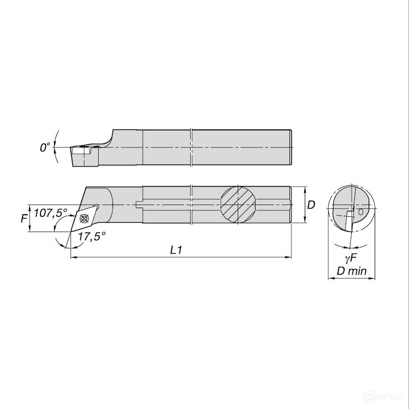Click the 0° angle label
[44, 147]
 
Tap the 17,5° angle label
[92, 237]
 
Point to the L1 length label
[175, 251]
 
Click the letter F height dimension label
[24, 218]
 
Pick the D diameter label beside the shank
[311, 205]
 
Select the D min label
[352, 271]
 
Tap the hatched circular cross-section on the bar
[238, 205]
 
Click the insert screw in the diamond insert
[84, 218]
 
